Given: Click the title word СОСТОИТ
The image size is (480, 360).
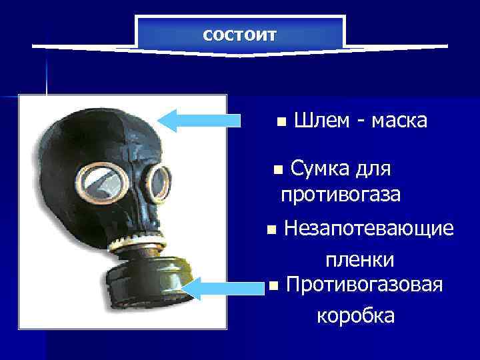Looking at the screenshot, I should pos(239,35).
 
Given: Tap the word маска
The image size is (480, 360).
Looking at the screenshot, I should pos(399,121).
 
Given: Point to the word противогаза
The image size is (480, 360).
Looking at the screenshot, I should pos(341,195).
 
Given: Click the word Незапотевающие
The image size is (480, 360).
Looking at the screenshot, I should pos(369,229).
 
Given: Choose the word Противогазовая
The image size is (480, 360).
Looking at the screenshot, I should pos(364,286).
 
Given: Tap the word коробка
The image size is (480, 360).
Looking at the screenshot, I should pos(355,315).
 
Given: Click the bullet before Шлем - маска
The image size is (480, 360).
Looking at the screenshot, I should pos(281,122).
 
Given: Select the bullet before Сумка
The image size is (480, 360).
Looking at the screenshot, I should pos(279,169).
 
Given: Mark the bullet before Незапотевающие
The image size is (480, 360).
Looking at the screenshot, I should pos(270,230).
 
